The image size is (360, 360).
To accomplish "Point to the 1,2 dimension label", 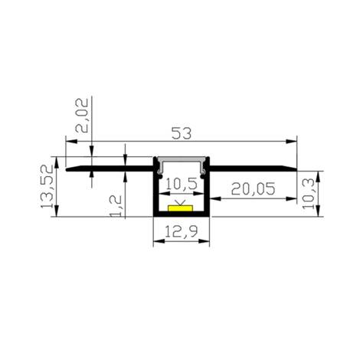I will pyautogui.click(x=116, y=205).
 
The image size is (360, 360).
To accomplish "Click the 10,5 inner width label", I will pyautogui.click(x=182, y=185).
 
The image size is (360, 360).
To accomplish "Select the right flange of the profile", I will pyautogui.click(x=253, y=167).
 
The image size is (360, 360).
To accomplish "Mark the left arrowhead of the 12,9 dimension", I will pyautogui.click(x=157, y=244).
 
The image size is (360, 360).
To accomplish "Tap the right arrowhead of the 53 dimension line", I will pyautogui.click(x=293, y=142).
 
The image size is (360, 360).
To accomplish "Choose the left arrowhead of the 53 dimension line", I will pyautogui.click(x=71, y=142).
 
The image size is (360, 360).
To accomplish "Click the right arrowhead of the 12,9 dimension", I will pyautogui.click(x=207, y=244).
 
